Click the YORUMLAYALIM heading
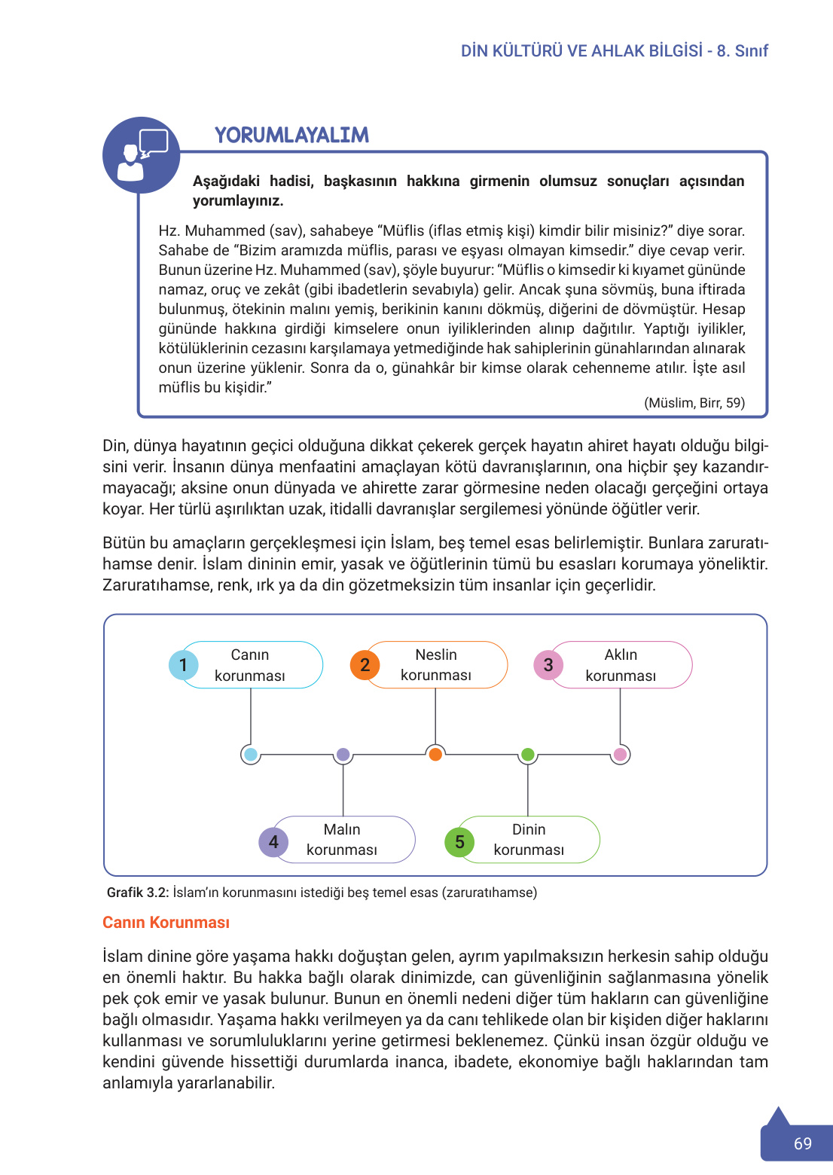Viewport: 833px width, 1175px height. click(291, 135)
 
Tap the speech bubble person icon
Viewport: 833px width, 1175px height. click(141, 155)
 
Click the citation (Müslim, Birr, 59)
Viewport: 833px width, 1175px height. click(694, 403)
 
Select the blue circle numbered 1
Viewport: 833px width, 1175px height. click(183, 665)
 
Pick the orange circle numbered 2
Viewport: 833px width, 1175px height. click(365, 665)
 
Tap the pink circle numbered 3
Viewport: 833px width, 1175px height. click(548, 665)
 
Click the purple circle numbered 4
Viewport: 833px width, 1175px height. click(273, 842)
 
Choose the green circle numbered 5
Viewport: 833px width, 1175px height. click(459, 842)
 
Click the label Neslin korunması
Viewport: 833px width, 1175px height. click(436, 665)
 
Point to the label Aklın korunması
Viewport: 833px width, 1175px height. click(621, 665)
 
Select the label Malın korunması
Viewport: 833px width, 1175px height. click(342, 840)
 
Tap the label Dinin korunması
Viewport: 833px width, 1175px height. click(529, 840)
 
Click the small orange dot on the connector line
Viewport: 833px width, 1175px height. click(435, 754)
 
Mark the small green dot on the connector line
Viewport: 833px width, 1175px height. click(528, 754)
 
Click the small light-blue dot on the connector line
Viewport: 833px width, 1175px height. click(251, 754)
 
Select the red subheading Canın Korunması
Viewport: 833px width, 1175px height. click(166, 923)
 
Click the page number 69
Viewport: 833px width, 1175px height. click(803, 1143)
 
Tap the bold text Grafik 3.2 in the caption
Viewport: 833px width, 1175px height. click(137, 893)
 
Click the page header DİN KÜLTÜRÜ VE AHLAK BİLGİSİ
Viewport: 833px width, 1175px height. click(581, 51)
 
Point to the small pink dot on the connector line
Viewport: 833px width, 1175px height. click(620, 754)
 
